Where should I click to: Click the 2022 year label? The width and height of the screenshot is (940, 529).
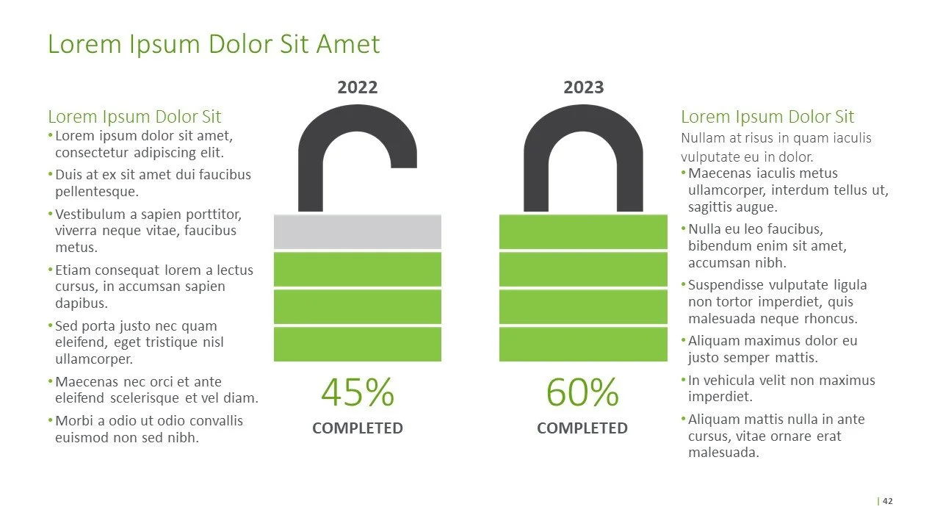click(357, 88)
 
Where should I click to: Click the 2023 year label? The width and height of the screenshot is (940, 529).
click(583, 88)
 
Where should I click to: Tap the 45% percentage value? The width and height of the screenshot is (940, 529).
click(358, 392)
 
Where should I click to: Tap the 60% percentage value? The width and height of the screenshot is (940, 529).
click(582, 392)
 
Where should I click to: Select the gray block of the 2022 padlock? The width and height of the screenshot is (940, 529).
click(358, 231)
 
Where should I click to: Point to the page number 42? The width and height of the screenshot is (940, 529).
click(888, 501)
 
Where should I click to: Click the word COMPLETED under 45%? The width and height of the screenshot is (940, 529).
click(358, 428)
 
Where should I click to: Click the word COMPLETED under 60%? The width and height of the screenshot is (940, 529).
click(582, 428)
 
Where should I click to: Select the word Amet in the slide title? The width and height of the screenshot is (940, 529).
click(348, 44)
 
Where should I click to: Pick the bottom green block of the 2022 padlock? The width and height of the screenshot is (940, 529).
click(358, 344)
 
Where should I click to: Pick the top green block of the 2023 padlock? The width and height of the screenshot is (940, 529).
click(583, 231)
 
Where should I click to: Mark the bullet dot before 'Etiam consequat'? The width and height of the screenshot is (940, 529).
click(51, 270)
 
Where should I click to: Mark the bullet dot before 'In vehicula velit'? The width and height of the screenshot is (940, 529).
click(684, 381)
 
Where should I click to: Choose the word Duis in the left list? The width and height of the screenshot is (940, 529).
click(69, 175)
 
